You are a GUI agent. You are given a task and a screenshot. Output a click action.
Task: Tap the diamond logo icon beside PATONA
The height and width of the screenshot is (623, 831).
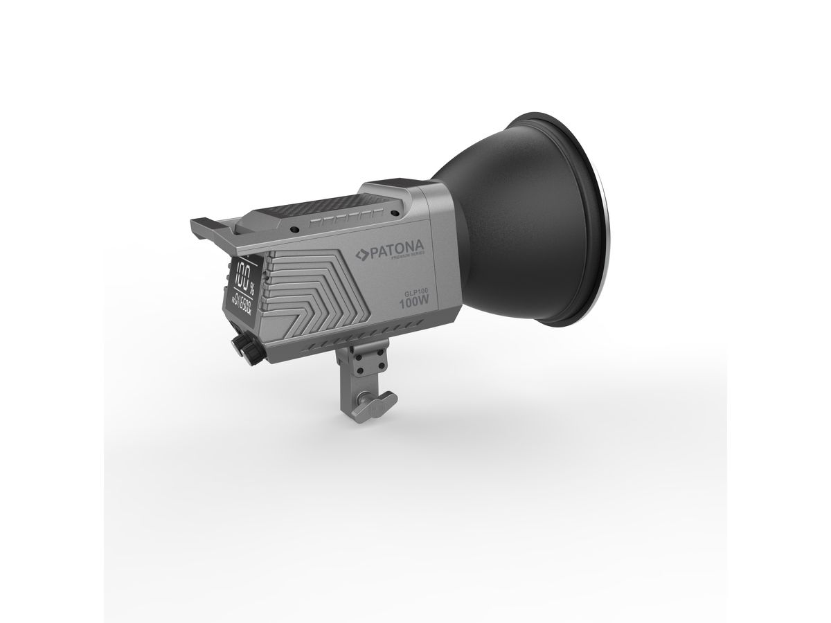coord(361,254)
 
